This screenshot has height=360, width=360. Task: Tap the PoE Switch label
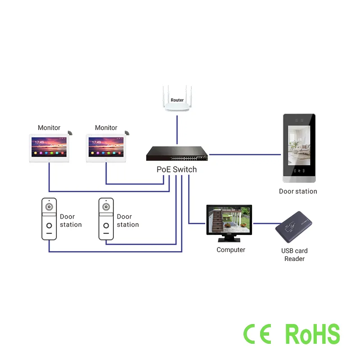point(176,170)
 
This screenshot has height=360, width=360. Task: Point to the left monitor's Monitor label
point(49,128)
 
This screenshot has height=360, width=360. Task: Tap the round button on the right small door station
point(106,225)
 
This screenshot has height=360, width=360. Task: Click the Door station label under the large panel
point(298,191)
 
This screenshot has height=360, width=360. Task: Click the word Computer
point(231,250)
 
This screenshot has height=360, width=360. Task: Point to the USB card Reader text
point(295,255)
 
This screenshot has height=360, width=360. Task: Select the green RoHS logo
point(313,334)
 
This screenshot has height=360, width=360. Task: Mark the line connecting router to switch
point(177,130)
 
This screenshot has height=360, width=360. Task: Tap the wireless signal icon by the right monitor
point(127,133)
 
